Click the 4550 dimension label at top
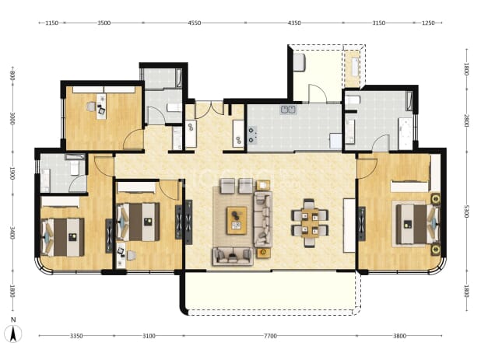(194, 23)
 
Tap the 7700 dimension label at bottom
(270, 336)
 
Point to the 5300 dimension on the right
(466, 211)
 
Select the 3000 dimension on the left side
(12, 118)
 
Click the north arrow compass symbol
(13, 334)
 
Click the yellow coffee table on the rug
(237, 220)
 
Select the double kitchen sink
(288, 110)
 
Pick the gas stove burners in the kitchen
(252, 135)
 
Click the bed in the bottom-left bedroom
(62, 237)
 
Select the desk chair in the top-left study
(91, 107)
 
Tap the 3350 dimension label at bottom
(76, 336)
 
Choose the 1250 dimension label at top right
(428, 23)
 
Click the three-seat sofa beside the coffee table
(263, 219)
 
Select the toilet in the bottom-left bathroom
(75, 167)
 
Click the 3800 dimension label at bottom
(399, 336)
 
